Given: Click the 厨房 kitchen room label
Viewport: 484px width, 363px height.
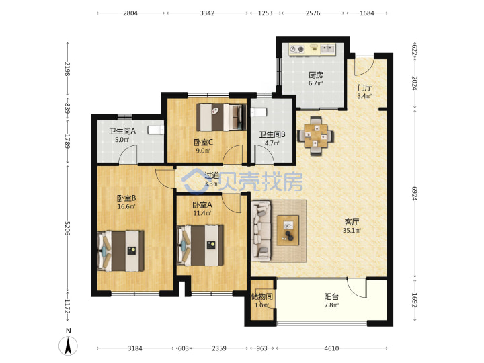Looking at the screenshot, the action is [x=315, y=75].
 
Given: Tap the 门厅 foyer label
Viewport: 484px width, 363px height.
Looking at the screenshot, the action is [x=364, y=88].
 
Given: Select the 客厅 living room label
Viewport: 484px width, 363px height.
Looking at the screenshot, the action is [x=352, y=222].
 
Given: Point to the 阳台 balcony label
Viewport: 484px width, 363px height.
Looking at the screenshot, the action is [x=331, y=297].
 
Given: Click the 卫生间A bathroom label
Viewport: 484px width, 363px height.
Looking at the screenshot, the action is [x=122, y=131].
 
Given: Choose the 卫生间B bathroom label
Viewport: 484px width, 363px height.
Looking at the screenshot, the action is [x=272, y=134].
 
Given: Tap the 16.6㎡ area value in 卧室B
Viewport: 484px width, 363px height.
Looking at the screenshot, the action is [x=126, y=206].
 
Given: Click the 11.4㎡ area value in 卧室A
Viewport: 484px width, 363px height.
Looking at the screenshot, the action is [x=202, y=213].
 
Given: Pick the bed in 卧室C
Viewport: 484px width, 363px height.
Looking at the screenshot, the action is [x=222, y=117].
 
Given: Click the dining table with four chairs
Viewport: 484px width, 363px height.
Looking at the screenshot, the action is [x=315, y=136].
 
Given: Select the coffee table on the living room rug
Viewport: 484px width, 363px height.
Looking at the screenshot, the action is [x=288, y=231].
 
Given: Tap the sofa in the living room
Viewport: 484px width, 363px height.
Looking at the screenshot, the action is [x=261, y=230].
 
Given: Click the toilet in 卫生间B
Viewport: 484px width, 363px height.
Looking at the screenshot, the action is [x=259, y=112].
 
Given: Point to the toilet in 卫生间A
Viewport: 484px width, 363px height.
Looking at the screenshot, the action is [x=155, y=130].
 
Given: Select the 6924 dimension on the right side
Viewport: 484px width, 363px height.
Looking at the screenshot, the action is [x=415, y=194].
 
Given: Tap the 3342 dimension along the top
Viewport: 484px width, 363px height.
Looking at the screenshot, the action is [x=207, y=13].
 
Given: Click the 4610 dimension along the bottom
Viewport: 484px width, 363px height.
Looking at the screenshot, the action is [x=331, y=348].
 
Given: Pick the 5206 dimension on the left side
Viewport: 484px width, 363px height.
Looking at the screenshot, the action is [x=67, y=228].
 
